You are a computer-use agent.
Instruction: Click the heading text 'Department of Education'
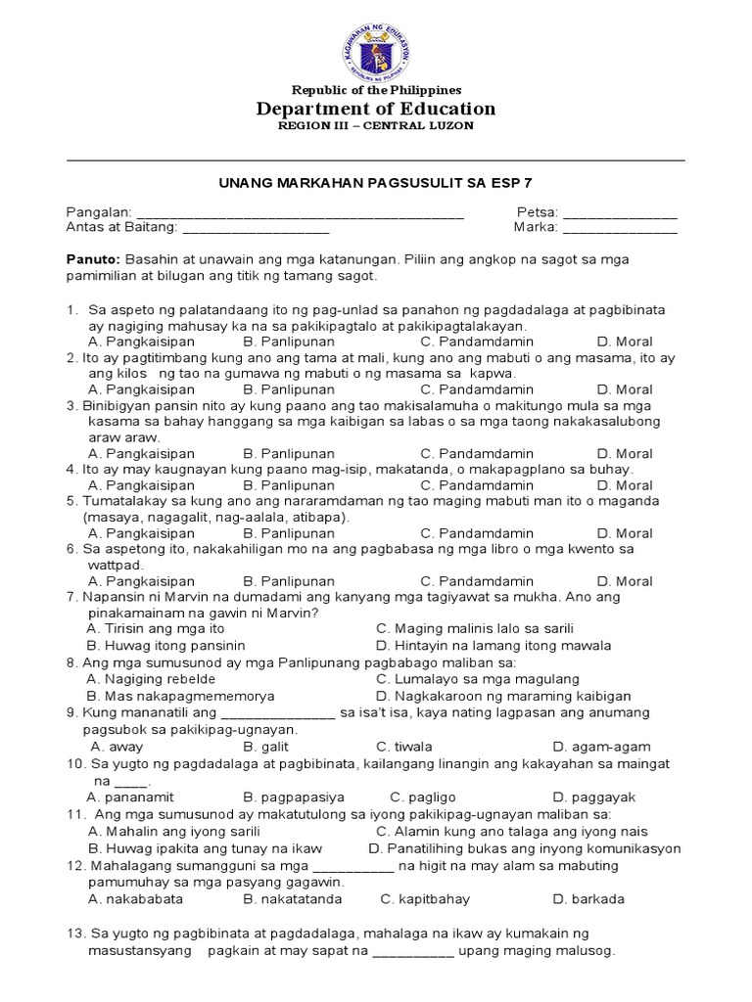376,109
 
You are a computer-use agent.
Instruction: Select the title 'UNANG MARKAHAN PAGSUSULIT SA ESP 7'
375,182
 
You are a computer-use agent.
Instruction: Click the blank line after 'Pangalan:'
299,213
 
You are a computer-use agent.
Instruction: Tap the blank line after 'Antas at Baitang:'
256,229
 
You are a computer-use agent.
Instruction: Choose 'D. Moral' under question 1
625,342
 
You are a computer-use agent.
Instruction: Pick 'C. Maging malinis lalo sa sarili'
475,629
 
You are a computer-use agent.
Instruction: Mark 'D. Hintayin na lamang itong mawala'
493,646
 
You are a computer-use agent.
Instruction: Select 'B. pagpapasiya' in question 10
294,797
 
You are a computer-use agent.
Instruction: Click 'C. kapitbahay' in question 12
425,899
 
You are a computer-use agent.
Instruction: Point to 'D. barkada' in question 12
588,899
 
